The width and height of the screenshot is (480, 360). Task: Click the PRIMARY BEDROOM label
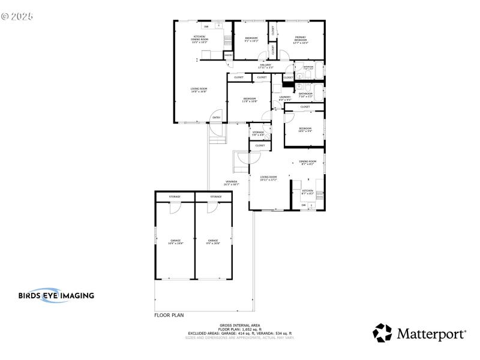click(x=300, y=40)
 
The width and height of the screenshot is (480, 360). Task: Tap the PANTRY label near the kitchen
click(x=228, y=55)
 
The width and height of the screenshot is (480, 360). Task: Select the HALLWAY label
click(x=265, y=66)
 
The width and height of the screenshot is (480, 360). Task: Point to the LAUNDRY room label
click(x=284, y=98)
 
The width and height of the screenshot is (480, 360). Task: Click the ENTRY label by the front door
click(x=216, y=118)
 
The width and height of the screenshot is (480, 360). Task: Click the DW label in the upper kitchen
click(x=206, y=26)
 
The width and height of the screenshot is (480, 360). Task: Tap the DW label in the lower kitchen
click(x=304, y=205)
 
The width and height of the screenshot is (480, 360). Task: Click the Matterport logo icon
click(x=382, y=333)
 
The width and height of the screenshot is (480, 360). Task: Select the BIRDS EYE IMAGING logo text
click(x=56, y=295)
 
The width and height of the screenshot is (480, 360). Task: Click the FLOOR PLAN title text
click(x=169, y=314)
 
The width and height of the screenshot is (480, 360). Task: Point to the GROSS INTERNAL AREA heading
click(x=238, y=325)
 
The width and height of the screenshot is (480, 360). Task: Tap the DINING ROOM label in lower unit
click(x=307, y=163)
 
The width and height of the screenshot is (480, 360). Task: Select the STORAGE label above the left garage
click(x=175, y=197)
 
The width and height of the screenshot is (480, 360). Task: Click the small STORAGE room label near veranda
click(x=257, y=133)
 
